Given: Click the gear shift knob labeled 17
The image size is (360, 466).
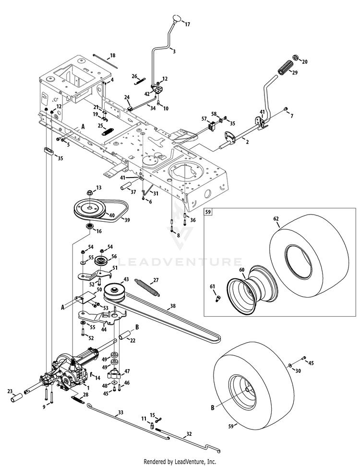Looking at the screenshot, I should point(177,19).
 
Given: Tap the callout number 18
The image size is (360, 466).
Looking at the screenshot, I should point(113,56).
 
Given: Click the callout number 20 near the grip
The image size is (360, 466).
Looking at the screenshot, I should point(304,61).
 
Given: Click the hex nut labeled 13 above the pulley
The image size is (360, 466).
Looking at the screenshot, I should point(90,193).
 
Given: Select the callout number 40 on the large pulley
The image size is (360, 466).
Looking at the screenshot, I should point(112,216).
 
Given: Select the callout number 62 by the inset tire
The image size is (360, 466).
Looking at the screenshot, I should point(276,219).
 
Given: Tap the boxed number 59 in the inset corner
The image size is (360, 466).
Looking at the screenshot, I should point(208,211).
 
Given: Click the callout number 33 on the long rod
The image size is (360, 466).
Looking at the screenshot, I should point(120,412).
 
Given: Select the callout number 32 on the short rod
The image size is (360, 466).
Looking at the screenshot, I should point(189,434).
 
